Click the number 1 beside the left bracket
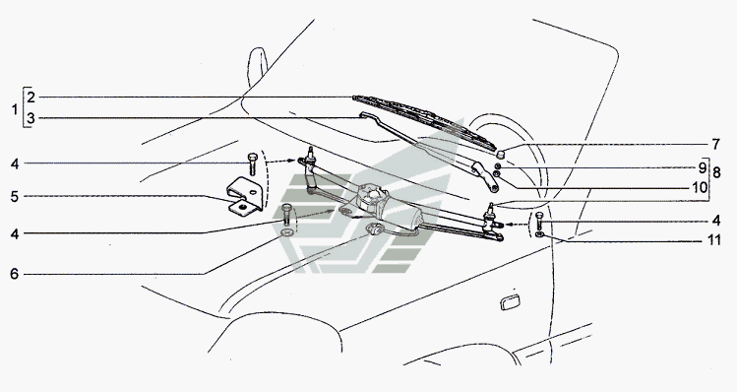15,110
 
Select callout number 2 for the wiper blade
31,98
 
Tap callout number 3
31,118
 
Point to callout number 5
15,196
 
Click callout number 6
15,274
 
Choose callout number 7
715,144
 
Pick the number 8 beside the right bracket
716,172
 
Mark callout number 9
703,167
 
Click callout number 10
700,188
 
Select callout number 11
714,240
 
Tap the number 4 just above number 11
716,221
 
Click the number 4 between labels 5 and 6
15,233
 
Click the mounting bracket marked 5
243,196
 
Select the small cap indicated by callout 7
501,154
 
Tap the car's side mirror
257,66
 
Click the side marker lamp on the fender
509,303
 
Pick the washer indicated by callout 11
539,233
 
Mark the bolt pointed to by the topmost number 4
253,164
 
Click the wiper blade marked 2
424,122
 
